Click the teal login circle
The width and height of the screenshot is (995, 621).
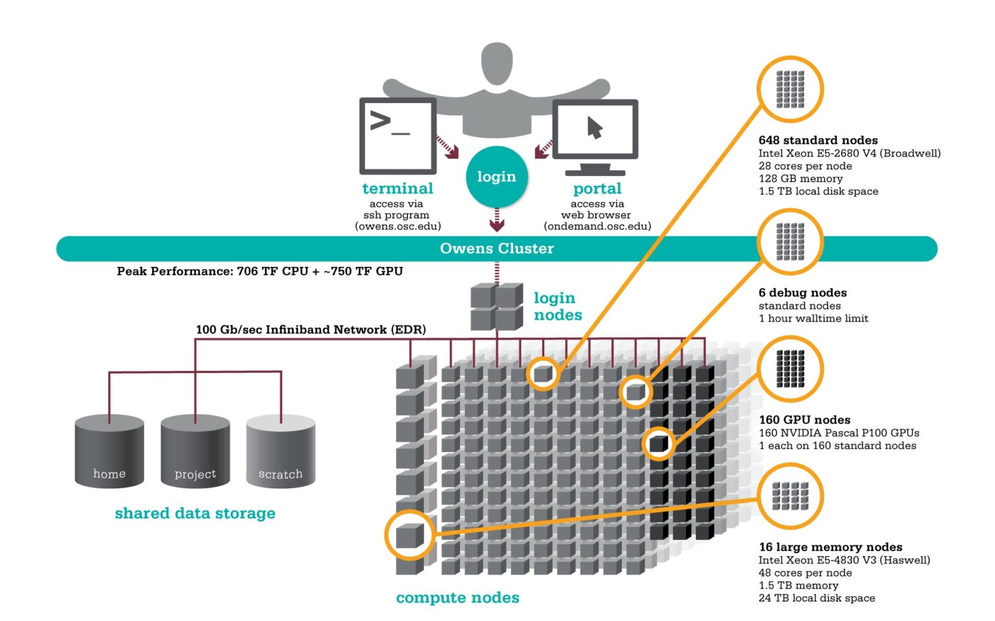coord(496,176)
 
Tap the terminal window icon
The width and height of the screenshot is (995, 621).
coord(398,135)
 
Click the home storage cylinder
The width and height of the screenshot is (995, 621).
coord(109,451)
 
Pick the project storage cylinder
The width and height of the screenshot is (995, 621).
coord(195,451)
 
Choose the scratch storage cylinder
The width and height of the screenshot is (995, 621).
coord(280,451)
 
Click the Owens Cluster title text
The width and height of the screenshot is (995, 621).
coord(497,249)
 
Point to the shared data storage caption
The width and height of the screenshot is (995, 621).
coord(195,514)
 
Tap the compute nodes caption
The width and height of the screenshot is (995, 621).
coord(457,598)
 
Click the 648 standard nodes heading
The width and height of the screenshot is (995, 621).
coord(818,140)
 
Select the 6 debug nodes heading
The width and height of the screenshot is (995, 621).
coord(803,293)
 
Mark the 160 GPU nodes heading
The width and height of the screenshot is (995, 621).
coord(805,420)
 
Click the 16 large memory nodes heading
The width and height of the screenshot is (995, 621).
coord(830,547)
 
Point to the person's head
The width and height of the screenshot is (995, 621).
coord(497,63)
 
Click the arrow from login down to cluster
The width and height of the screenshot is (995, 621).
coord(497,220)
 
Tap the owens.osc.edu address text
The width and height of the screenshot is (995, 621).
coord(398,226)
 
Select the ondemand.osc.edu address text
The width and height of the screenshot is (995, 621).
coord(597,226)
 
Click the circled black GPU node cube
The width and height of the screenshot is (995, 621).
coord(659,444)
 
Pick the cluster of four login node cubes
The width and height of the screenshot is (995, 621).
coord(497,306)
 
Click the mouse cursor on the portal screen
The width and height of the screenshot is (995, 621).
coord(595,128)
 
